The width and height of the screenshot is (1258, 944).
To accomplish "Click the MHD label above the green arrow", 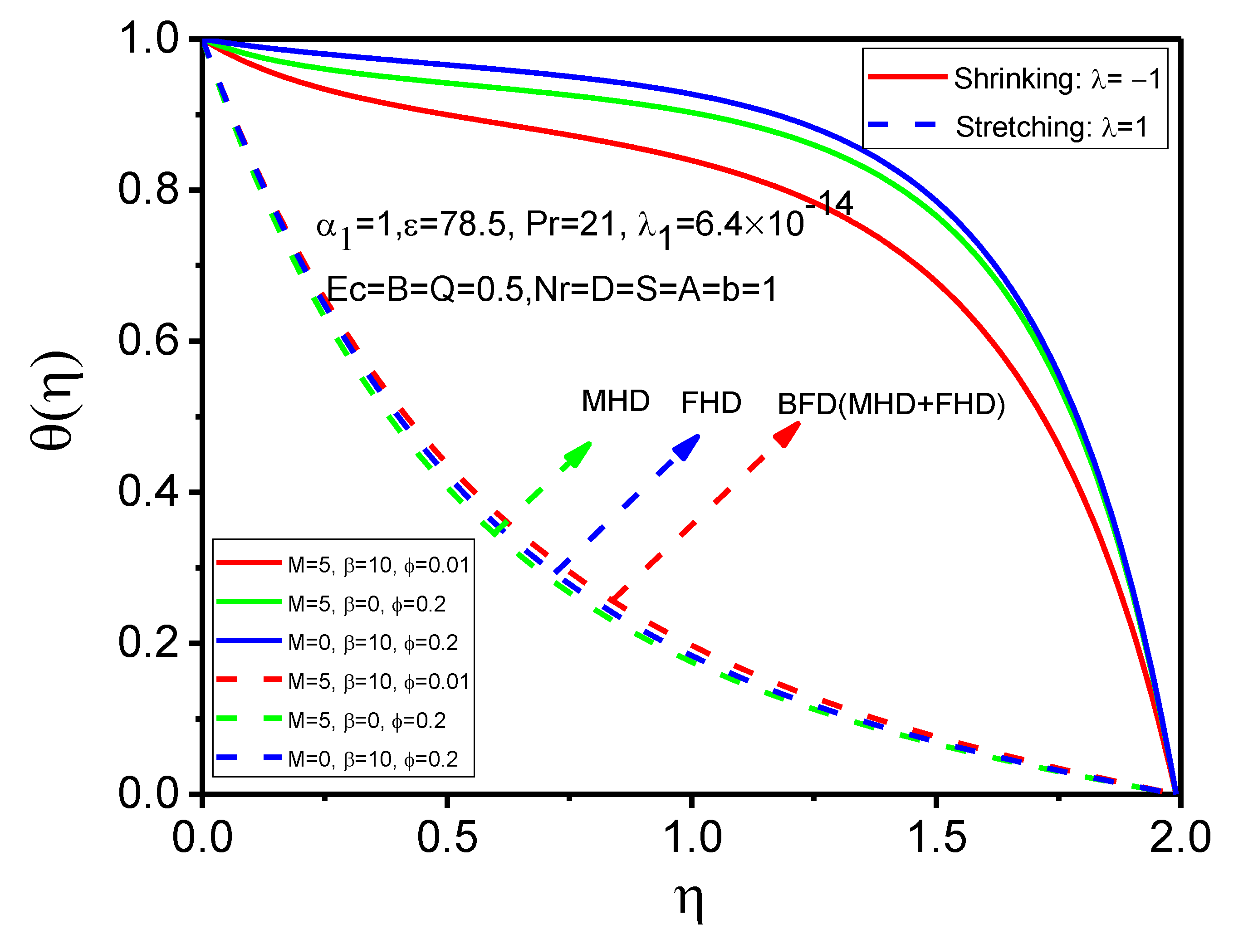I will coord(615,401).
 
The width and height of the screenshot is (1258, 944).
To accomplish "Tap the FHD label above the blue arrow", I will coord(711,403).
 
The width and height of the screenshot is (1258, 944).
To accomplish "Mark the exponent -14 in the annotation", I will coord(829,203).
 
